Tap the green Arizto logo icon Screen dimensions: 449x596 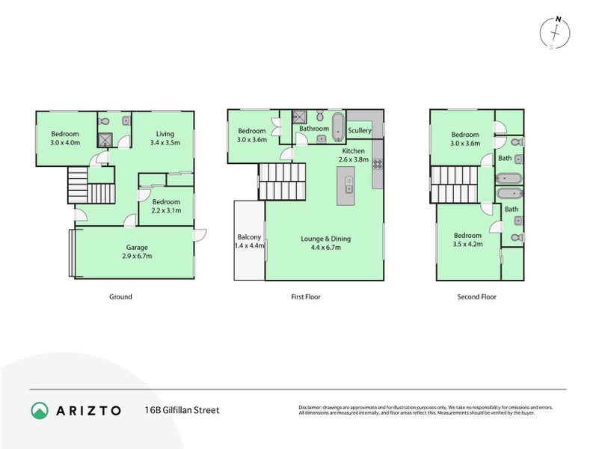pos(40,410)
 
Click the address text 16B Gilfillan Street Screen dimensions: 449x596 pos(182,410)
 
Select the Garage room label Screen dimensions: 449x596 pos(137,251)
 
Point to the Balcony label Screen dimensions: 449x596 pos(250,241)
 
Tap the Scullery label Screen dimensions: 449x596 pos(360,130)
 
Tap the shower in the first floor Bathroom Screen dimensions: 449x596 pos(300,116)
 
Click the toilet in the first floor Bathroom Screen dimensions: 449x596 pos(319,116)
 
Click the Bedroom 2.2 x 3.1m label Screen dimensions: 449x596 pos(166,207)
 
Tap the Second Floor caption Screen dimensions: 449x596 pos(476,297)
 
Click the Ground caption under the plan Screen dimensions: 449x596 pos(120,297)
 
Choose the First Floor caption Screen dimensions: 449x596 pos(305,297)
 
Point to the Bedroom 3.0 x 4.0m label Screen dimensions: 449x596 pos(66,138)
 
